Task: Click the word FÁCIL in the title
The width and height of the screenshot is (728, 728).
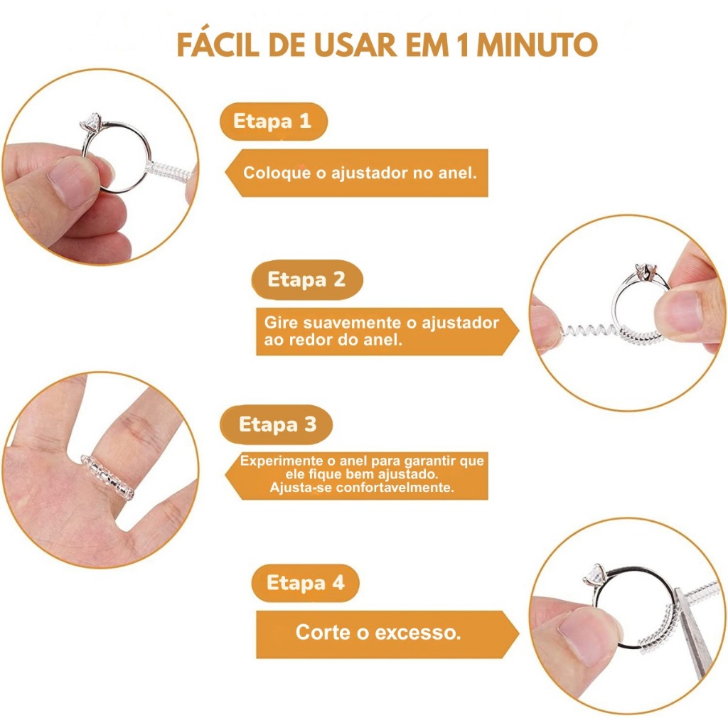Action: click(218, 45)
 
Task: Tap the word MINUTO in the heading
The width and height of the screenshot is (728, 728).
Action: click(537, 45)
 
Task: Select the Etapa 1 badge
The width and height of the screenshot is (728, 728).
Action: click(274, 121)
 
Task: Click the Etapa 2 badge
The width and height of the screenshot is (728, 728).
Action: click(307, 279)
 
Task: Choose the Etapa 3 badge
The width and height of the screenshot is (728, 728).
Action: click(277, 424)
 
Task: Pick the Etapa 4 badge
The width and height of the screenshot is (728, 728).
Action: click(306, 583)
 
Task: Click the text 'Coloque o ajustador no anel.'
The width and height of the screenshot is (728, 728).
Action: click(360, 173)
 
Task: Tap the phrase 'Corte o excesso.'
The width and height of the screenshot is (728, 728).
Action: click(378, 632)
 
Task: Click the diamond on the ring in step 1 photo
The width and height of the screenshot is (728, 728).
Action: click(92, 123)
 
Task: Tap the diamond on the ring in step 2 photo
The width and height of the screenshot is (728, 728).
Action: click(645, 271)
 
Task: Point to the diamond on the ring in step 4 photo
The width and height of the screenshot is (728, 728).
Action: click(594, 574)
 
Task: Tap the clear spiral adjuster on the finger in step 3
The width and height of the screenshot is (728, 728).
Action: click(107, 478)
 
